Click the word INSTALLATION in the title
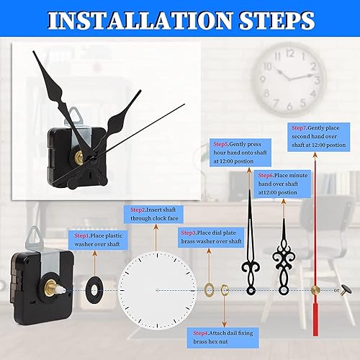140,20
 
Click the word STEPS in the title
276,20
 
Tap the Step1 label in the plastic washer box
82,235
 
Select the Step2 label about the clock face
138,210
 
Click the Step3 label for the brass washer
189,233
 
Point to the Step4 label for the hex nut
201,333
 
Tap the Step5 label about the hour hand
221,144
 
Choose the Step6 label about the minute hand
266,176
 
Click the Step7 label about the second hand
300,128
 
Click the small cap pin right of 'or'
346,289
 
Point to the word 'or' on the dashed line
336,290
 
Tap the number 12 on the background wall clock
290,53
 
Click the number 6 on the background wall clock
289,106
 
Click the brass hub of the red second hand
315,290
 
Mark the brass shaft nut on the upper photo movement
78,159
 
